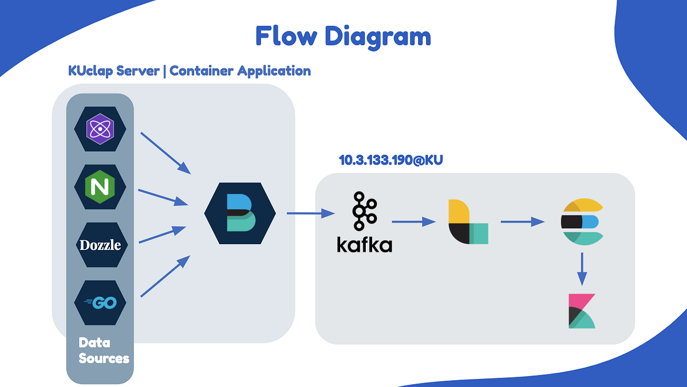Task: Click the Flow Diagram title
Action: [343, 36]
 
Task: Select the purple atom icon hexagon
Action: [100, 129]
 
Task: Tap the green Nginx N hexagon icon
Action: [100, 186]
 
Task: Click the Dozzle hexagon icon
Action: [100, 245]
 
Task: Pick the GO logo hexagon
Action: [100, 302]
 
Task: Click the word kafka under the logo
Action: [364, 245]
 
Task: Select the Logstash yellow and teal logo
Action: [468, 221]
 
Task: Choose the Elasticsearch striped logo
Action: [582, 221]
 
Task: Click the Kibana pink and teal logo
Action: [582, 311]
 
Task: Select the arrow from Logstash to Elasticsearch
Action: [522, 221]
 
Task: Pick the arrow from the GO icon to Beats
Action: [165, 276]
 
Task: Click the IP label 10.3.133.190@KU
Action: [391, 161]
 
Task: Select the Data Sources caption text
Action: [104, 350]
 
